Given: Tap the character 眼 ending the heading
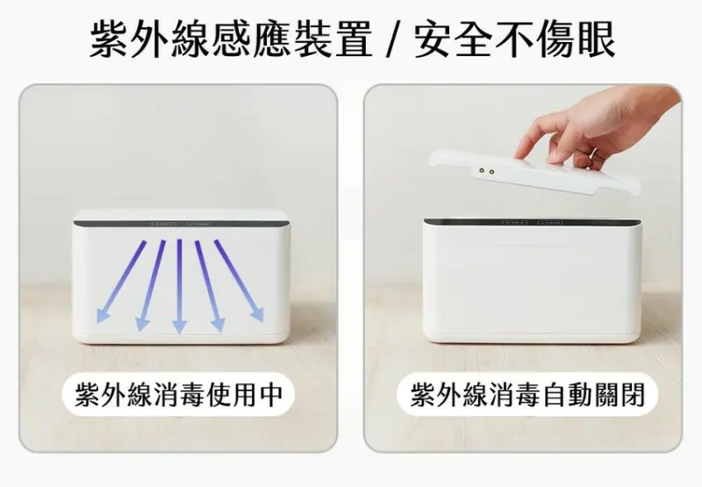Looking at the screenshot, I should coord(593,39).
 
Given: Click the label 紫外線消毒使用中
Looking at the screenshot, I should coord(179,395).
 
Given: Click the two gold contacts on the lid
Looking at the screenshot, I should coord(484,173).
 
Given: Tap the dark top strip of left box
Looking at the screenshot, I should coord(179,224).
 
